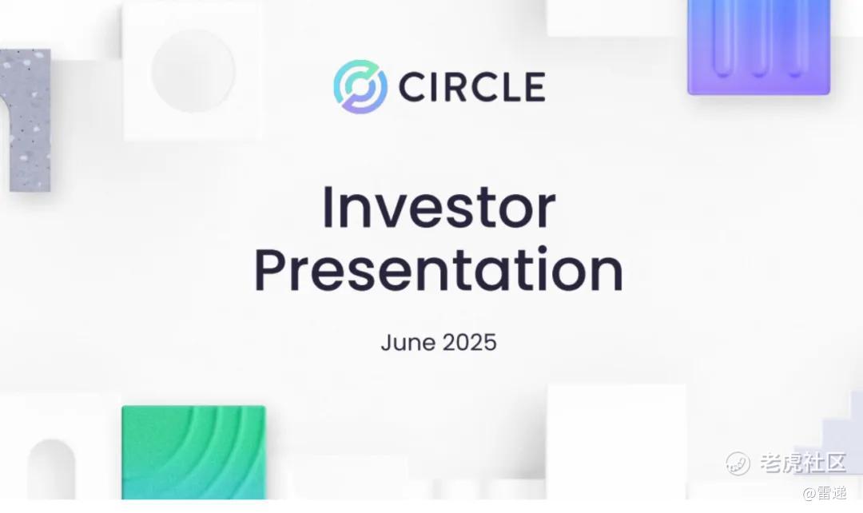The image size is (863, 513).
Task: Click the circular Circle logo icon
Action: click(360, 86)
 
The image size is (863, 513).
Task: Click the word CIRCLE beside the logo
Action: click(471, 87)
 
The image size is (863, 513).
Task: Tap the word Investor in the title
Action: click(439, 208)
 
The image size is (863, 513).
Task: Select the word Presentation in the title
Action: click(439, 270)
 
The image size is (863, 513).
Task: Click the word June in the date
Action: click(408, 342)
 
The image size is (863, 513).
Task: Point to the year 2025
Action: click(470, 342)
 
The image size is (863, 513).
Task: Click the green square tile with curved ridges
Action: click(193, 452)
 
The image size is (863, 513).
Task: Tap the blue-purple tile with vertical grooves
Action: click(758, 47)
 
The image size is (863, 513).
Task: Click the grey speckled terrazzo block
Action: click(27, 120)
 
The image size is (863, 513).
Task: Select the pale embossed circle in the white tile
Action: click(193, 71)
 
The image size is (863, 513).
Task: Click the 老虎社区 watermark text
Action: click(802, 463)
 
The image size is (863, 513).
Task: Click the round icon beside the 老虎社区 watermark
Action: click(738, 463)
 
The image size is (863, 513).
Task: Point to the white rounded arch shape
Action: click(51, 470)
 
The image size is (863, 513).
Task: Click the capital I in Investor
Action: click(328, 208)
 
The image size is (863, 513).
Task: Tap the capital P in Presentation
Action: click(270, 270)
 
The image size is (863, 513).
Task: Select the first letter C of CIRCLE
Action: click(412, 87)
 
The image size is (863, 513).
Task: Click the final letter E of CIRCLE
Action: click(535, 87)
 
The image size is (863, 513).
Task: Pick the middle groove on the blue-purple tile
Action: click(758, 38)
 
